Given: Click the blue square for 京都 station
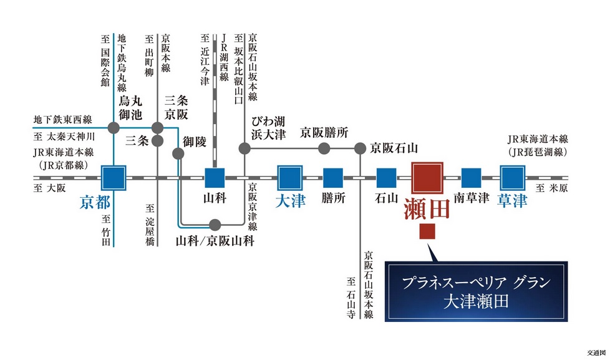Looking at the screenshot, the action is click(114, 178).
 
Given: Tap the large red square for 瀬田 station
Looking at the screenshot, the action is click(427, 178).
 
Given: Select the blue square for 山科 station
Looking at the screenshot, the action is click(215, 178).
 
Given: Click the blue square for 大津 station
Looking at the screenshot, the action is click(290, 178).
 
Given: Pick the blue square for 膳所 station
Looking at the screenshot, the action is click(333, 178).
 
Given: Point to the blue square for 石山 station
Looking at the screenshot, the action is click(386, 178).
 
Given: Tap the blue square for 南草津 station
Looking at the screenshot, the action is click(471, 178).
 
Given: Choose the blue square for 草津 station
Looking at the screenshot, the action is click(513, 178).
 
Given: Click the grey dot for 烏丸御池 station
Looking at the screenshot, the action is click(114, 128).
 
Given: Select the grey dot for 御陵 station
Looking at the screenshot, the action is click(178, 153).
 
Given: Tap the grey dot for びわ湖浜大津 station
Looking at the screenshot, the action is click(244, 148).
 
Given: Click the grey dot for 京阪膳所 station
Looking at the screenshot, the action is click(324, 148).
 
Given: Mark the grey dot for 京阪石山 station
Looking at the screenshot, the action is click(361, 148).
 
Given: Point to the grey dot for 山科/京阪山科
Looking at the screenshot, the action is click(215, 225).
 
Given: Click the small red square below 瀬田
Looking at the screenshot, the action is click(427, 231).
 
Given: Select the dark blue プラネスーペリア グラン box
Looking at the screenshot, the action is click(476, 291).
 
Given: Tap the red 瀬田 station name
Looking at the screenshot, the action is click(427, 208).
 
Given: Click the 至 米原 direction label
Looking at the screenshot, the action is click(551, 188).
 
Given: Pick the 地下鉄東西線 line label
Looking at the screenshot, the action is click(62, 120).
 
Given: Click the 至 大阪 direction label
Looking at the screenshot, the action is click(50, 188).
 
